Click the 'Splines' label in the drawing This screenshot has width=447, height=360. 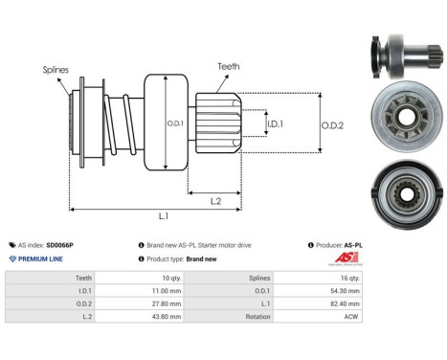55,70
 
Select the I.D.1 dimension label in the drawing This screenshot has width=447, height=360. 274,124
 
